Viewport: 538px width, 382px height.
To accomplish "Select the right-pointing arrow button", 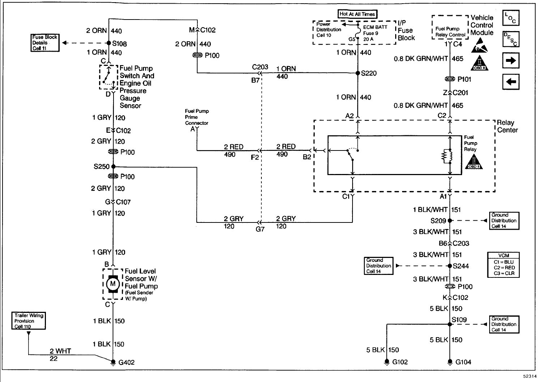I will coord(511,61).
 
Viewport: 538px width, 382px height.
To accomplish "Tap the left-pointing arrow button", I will coord(511,82).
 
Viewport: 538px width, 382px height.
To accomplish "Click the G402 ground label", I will coord(127,362).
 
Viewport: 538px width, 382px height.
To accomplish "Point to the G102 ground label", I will coord(400,362).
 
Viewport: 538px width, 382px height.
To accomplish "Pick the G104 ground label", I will coord(463,362).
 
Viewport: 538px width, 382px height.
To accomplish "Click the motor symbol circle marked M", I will coord(112,284).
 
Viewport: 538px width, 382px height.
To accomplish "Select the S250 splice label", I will coord(101,167).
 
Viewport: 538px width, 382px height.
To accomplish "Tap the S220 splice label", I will coord(369,73).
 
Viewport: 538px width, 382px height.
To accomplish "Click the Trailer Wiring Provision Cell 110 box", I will coord(29,321).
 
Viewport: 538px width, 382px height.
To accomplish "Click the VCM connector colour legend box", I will coord(503,265).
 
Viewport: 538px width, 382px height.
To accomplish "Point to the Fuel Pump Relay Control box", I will coord(450,32).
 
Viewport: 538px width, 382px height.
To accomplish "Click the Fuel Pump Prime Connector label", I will coord(197,117).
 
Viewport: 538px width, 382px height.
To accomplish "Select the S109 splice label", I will coord(459,319).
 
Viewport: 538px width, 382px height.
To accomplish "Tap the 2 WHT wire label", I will coord(60,351).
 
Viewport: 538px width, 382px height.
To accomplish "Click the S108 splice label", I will coord(119,44).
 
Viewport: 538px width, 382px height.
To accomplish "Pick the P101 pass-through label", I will coord(464,79).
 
